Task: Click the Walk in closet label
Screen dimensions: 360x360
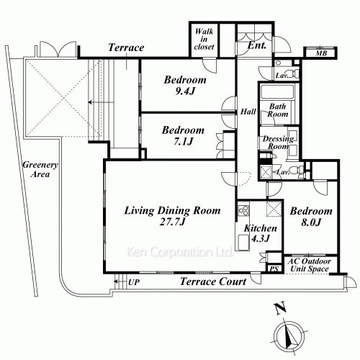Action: (x=204, y=39)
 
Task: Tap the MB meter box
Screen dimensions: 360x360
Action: (x=320, y=53)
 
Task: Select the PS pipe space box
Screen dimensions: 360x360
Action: (x=274, y=269)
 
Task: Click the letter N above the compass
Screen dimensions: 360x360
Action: (x=280, y=307)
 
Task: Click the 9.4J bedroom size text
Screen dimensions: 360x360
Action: (x=185, y=91)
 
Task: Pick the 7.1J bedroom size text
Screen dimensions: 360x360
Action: (x=183, y=142)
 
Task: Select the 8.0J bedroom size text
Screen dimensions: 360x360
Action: (x=311, y=222)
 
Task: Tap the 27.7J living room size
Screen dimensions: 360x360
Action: (x=172, y=222)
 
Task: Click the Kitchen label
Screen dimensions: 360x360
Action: (x=260, y=228)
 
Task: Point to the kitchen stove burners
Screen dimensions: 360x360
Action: (x=243, y=210)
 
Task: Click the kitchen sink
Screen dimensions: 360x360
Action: (x=243, y=242)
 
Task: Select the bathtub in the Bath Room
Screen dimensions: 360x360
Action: (x=277, y=91)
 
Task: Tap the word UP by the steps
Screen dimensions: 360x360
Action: (x=134, y=282)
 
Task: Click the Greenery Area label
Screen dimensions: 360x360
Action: (x=40, y=169)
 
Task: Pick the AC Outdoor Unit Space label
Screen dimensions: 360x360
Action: (x=309, y=265)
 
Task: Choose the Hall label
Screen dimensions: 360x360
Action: (x=248, y=112)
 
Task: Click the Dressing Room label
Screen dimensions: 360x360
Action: (x=278, y=143)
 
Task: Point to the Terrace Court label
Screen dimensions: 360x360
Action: (x=213, y=282)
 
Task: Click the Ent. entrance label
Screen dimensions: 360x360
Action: (x=257, y=45)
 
